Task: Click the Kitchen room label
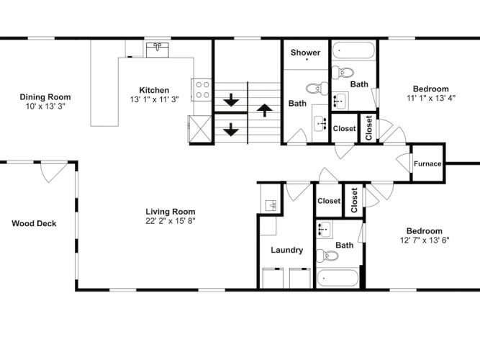(154, 90)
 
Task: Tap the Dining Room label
(45, 96)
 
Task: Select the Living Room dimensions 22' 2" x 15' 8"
(171, 221)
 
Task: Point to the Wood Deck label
(34, 223)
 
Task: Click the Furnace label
(427, 163)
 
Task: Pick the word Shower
(306, 53)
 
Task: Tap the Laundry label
(287, 250)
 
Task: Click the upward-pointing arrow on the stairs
(265, 110)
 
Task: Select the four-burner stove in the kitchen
(201, 90)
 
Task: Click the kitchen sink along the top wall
(158, 50)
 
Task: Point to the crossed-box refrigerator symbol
(199, 129)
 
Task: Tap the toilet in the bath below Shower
(317, 89)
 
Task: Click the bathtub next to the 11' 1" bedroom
(353, 50)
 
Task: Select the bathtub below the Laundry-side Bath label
(338, 278)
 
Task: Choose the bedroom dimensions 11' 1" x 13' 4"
(431, 98)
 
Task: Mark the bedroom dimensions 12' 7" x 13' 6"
(425, 240)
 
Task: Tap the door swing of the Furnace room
(403, 163)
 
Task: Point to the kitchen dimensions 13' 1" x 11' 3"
(154, 99)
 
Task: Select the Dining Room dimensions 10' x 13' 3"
(45, 107)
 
